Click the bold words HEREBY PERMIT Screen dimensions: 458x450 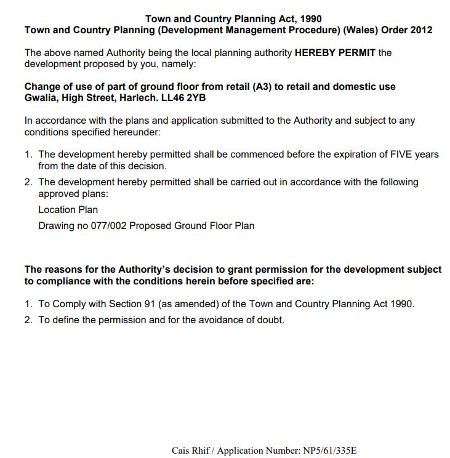[335, 53]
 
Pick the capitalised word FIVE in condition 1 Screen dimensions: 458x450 [401, 155]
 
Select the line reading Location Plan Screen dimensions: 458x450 [68, 209]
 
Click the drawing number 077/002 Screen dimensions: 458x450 [108, 226]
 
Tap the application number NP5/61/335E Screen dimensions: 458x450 [330, 451]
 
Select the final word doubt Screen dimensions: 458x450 [270, 320]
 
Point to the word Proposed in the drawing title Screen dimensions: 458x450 [150, 226]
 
